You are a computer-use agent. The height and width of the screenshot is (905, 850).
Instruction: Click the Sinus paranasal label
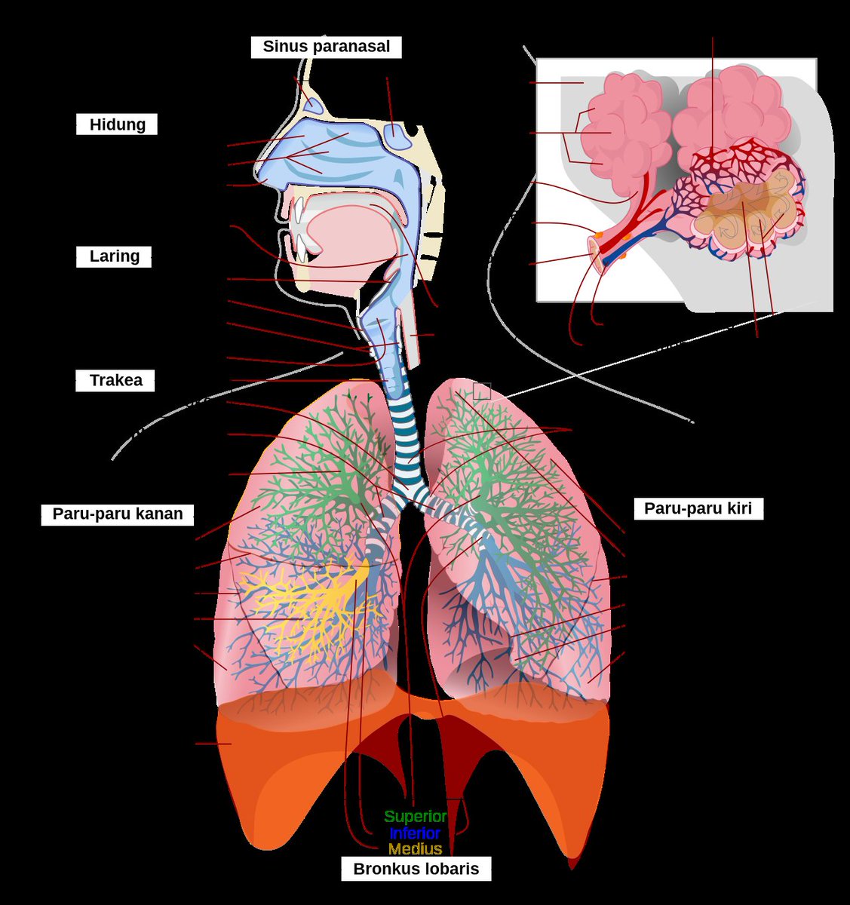click(326, 47)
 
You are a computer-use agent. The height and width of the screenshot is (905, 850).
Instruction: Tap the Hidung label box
click(117, 124)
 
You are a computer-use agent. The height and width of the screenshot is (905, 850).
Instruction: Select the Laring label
click(114, 256)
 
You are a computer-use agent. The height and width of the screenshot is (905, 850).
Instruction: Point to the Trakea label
click(115, 380)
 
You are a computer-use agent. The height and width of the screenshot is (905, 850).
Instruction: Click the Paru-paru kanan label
click(117, 514)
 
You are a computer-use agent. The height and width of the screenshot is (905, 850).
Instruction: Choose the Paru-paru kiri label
click(698, 508)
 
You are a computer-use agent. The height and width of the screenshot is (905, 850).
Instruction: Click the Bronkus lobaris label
click(416, 869)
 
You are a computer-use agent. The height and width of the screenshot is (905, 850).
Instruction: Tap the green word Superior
click(416, 817)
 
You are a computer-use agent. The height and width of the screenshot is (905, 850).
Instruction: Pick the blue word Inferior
click(414, 833)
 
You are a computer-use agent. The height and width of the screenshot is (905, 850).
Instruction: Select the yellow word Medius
click(415, 849)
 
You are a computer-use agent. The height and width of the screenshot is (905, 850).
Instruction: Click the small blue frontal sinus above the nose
click(313, 106)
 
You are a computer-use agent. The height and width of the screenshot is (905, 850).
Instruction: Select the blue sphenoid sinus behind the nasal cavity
click(397, 136)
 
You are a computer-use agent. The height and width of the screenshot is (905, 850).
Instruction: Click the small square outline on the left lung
click(482, 391)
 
